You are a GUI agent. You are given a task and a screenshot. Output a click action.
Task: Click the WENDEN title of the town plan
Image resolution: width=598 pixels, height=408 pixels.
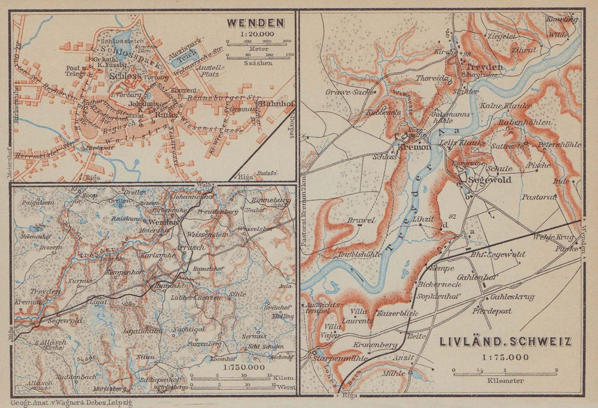[255, 23]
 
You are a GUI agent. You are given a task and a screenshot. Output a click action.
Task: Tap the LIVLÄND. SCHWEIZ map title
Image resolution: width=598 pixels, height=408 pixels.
[505, 342]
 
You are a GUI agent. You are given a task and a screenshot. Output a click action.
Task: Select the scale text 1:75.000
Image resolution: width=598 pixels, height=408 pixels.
[505, 357]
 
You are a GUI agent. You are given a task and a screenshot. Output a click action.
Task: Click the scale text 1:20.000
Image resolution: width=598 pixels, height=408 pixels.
[255, 35]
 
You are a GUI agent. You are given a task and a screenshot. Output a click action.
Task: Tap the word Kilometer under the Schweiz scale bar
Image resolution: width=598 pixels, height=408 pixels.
[505, 381]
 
